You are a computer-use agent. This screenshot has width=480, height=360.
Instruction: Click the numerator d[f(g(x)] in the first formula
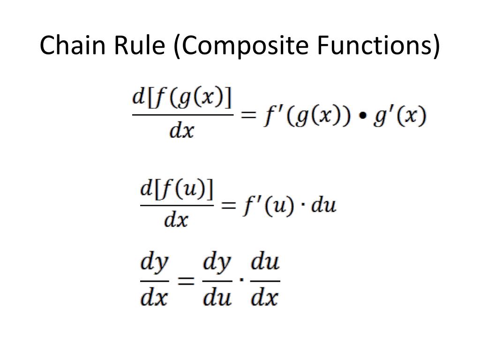click(182, 99)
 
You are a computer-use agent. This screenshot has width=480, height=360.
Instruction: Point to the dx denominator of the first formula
click(182, 131)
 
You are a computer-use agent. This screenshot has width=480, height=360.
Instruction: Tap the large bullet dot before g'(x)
click(363, 116)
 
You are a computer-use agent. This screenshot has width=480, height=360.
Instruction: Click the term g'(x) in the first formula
click(400, 115)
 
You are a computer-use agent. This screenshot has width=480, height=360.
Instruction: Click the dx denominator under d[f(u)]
click(176, 218)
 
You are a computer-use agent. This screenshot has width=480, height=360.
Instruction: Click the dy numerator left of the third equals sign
click(154, 265)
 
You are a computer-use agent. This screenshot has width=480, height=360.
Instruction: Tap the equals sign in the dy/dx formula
click(186, 281)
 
